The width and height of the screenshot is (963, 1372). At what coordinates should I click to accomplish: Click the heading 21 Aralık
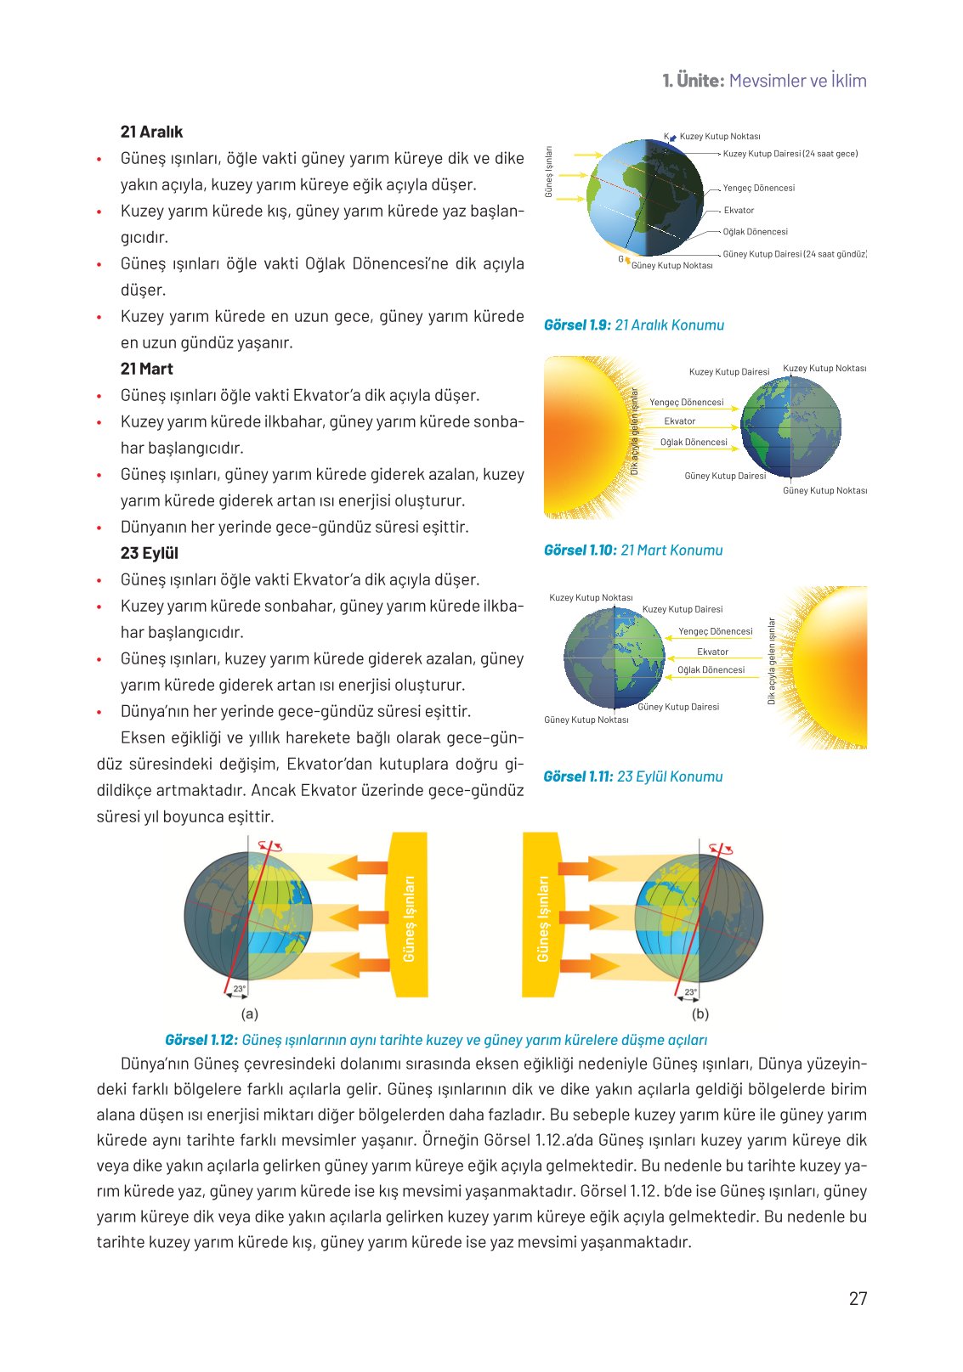[151, 132]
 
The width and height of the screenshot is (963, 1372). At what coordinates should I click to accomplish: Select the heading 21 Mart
[146, 369]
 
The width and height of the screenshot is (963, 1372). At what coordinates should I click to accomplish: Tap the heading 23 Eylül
[149, 553]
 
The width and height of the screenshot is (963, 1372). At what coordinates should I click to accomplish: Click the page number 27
[858, 1298]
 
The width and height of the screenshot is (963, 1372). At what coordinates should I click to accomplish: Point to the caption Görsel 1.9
[576, 325]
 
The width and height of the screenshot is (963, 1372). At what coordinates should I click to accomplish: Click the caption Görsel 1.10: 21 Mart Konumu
[632, 550]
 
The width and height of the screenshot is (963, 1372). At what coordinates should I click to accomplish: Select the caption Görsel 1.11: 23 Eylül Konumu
[632, 776]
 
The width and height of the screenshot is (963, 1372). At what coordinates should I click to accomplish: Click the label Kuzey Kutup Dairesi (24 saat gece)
[790, 154]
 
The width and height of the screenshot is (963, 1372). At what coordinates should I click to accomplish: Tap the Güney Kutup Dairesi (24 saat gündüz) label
[794, 254]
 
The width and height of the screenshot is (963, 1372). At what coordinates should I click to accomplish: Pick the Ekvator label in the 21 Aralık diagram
[739, 210]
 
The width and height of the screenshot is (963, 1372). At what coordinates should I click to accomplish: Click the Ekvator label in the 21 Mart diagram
[679, 421]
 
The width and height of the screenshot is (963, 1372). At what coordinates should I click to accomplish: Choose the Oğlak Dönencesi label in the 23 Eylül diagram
[711, 670]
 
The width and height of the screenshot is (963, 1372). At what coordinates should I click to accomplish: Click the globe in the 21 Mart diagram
[790, 426]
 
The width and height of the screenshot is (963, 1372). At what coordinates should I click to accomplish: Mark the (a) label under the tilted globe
[249, 1013]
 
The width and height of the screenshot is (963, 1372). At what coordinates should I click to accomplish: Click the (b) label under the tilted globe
[700, 1013]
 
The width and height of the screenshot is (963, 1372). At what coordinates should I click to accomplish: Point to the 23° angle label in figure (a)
[240, 989]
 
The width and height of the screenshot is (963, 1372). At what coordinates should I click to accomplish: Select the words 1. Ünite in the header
[693, 81]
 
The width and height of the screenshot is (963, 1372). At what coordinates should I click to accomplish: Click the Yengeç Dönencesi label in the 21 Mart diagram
[686, 403]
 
